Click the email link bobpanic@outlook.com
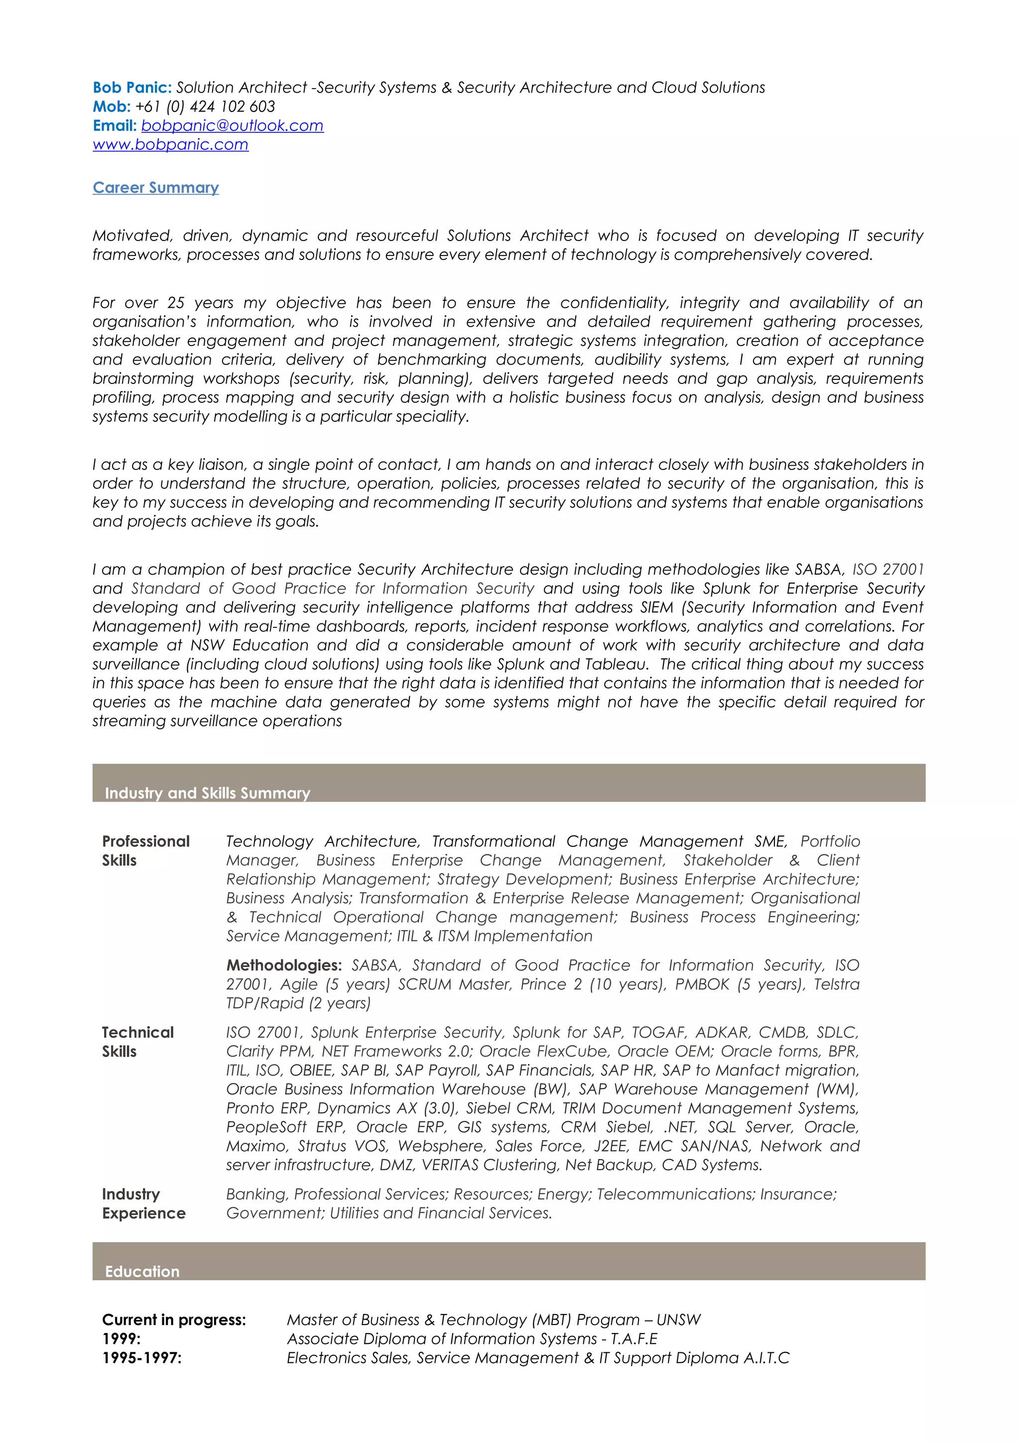point(232,125)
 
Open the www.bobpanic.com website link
point(170,144)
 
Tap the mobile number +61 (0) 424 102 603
point(205,107)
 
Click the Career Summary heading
point(156,188)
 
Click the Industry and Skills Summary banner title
point(207,793)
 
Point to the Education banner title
point(142,1271)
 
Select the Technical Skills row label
point(137,1042)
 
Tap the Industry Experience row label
point(143,1203)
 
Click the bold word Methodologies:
point(284,965)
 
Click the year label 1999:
point(122,1338)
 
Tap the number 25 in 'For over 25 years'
point(176,303)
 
